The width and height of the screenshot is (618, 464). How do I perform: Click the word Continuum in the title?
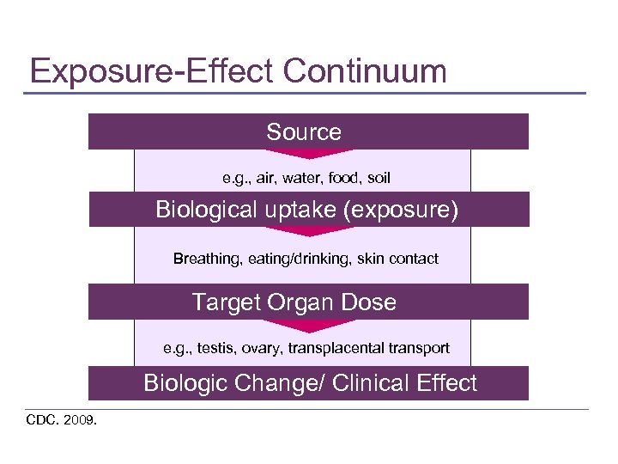(x=365, y=70)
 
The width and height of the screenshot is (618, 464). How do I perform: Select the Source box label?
(x=304, y=132)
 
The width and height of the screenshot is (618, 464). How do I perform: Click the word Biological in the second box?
(x=205, y=210)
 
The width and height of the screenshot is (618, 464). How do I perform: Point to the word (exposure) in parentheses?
(x=400, y=210)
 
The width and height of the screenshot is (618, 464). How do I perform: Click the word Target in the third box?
(x=226, y=302)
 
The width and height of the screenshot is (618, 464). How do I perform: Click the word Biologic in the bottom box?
(x=185, y=383)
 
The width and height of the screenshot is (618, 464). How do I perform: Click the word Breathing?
(x=206, y=259)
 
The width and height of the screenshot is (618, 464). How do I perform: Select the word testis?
(x=215, y=348)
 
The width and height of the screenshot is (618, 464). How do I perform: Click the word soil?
(x=379, y=178)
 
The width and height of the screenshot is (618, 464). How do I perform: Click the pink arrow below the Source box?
(x=304, y=154)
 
